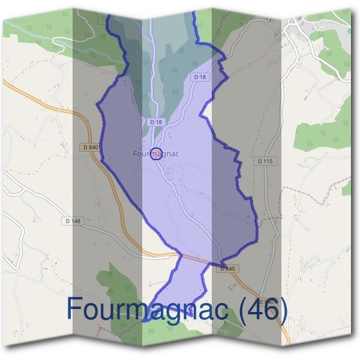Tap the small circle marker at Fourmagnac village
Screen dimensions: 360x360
coord(156,154)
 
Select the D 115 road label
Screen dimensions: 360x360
coord(265,161)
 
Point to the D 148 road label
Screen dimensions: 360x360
coord(72,221)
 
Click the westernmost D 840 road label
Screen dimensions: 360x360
coord(91,147)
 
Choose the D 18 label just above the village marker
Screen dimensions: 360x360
coord(156,122)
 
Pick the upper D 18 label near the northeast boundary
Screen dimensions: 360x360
coord(200,77)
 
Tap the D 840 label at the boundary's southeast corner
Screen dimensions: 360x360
coord(227,269)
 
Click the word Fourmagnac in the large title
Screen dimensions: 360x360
coord(149,310)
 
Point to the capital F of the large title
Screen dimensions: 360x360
coord(74,308)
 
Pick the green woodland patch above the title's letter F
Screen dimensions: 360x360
coord(111,282)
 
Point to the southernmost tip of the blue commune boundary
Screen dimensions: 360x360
coord(144,321)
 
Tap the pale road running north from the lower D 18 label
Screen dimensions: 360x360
coord(151,72)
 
